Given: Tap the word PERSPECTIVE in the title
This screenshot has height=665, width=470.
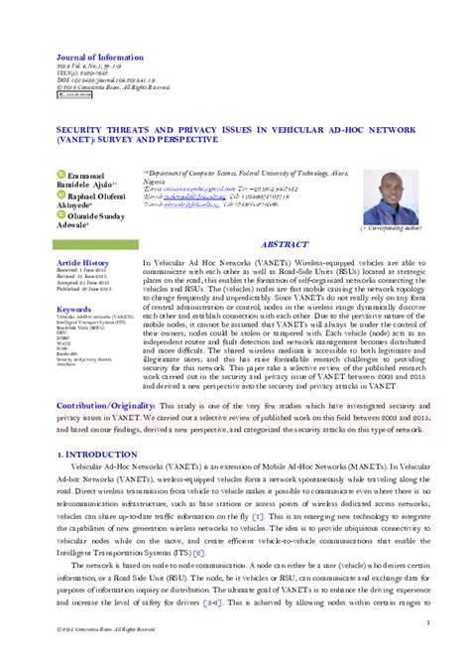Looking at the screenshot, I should [196, 139].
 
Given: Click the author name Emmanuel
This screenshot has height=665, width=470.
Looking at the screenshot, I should [88, 175].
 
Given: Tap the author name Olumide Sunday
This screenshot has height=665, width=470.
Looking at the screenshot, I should [102, 216].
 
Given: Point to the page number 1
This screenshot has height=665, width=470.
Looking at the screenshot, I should [426, 623].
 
